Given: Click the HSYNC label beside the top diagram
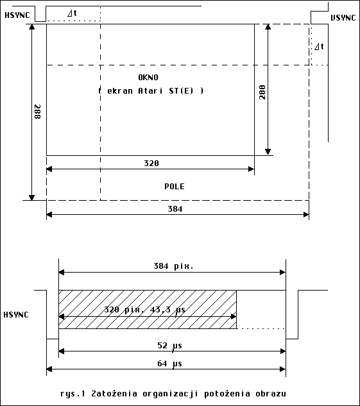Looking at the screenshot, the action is [17, 15].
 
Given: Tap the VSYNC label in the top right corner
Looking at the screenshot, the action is [343, 18].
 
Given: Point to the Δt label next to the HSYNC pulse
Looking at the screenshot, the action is [72, 13].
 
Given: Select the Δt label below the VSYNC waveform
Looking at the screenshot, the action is [319, 47].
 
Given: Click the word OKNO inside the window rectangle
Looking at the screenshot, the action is [148, 78].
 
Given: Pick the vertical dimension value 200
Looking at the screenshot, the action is [262, 92].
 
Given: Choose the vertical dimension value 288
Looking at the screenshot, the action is [38, 112].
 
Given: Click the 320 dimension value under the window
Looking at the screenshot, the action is [151, 164].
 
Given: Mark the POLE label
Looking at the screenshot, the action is [175, 187].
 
